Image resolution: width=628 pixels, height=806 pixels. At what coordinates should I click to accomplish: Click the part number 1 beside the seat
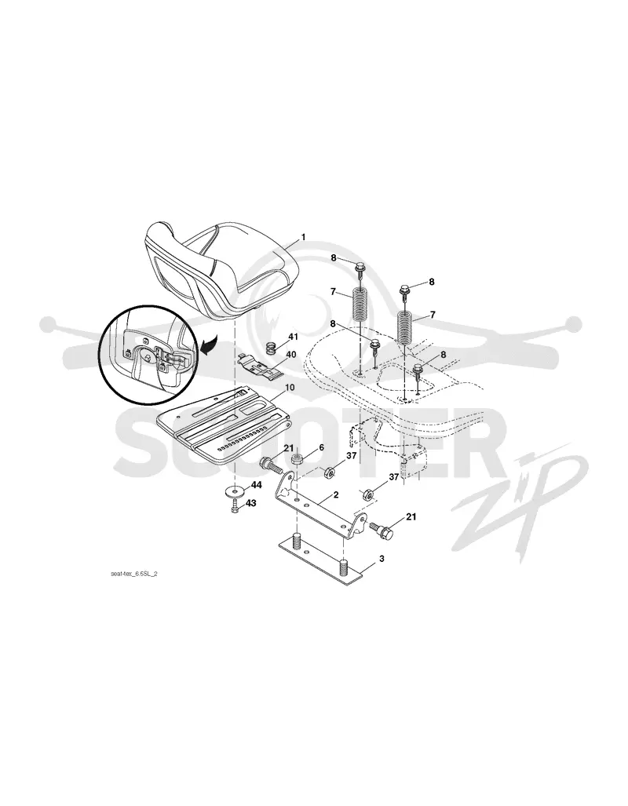[303, 237]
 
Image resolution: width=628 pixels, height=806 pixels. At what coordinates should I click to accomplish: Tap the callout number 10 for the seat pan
[290, 387]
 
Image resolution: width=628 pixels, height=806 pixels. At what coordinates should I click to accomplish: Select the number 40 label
[291, 354]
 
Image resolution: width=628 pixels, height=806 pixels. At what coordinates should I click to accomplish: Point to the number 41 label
[293, 337]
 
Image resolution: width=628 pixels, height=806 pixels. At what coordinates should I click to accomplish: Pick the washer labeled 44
[235, 493]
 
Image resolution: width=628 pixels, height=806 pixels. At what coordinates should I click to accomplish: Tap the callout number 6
[322, 447]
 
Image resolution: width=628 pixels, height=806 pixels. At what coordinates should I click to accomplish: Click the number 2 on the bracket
[336, 494]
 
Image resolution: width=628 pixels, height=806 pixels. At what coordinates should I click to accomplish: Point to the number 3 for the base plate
[382, 558]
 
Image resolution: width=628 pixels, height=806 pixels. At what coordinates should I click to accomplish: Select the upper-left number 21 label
[289, 448]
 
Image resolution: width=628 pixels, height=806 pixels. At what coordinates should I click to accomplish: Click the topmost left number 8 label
[334, 258]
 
